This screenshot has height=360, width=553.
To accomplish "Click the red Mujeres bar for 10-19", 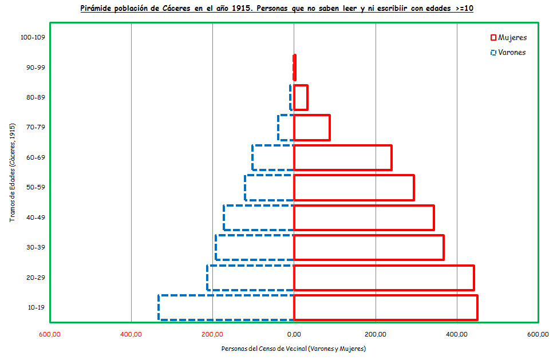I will click(x=385, y=307).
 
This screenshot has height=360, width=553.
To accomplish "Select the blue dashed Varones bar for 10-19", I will click(x=226, y=307).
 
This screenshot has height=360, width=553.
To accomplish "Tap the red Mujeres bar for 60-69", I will click(x=342, y=157).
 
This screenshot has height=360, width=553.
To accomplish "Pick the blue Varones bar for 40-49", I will click(x=259, y=217).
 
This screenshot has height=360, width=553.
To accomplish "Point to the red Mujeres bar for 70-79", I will click(x=312, y=128).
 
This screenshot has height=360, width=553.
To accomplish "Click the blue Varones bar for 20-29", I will click(x=250, y=278).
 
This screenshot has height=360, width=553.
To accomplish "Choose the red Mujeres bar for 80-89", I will click(x=301, y=97).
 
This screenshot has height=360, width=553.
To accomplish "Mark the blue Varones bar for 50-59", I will click(x=269, y=188).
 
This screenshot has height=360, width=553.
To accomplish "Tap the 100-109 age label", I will click(x=32, y=37).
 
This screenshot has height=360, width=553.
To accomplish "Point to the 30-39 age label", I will click(x=36, y=247).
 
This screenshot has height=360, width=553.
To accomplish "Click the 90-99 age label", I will click(x=36, y=68).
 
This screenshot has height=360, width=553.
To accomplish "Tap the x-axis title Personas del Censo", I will click(x=293, y=348).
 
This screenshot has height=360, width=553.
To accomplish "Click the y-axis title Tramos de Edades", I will click(x=13, y=172).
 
